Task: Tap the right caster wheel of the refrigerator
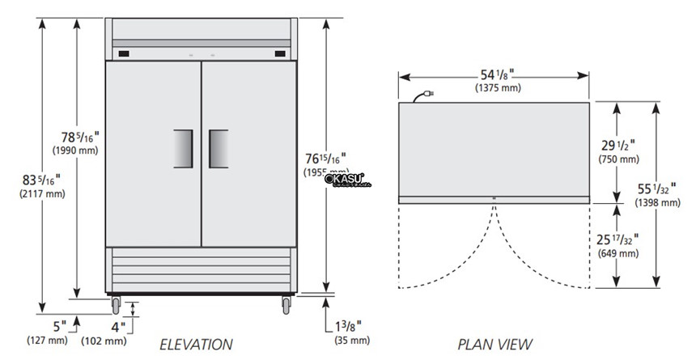pos(286,306)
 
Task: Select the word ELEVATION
pos(196,345)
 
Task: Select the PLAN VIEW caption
pos(495,345)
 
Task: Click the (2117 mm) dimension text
pos(40,193)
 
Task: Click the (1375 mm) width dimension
pos(495,88)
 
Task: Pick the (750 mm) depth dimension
pos(617,160)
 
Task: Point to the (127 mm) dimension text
pos(48,340)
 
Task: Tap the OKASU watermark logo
pos(346,180)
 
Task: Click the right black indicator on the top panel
pos(279,54)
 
